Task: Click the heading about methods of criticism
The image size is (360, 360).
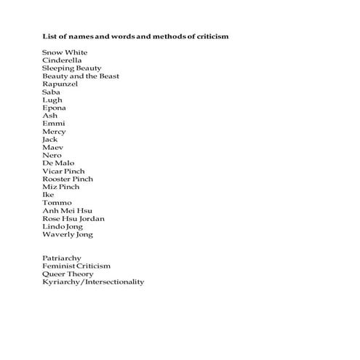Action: [x=136, y=36]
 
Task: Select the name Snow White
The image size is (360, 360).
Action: [x=65, y=52]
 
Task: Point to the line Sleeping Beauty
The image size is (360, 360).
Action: [x=71, y=68]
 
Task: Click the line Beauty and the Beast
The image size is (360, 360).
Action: [x=81, y=76]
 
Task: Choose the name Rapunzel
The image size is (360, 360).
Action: [x=60, y=84]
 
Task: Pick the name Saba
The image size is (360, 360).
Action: [x=52, y=92]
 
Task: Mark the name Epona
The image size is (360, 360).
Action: [x=55, y=108]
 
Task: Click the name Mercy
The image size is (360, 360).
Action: [x=54, y=132]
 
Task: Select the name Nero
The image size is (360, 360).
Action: [x=52, y=156]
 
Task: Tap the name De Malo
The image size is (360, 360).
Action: [x=58, y=163]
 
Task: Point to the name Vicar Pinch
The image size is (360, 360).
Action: [x=63, y=171]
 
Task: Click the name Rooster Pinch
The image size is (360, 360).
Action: [x=68, y=179]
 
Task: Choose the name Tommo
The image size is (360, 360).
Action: [x=57, y=203]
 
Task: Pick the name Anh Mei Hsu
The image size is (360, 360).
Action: [x=67, y=211]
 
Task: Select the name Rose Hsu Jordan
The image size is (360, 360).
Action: [x=73, y=219]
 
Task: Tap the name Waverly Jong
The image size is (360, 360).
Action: [x=68, y=235]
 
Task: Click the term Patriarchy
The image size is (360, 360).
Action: [x=62, y=258]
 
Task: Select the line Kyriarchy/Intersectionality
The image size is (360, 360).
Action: [x=93, y=282]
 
